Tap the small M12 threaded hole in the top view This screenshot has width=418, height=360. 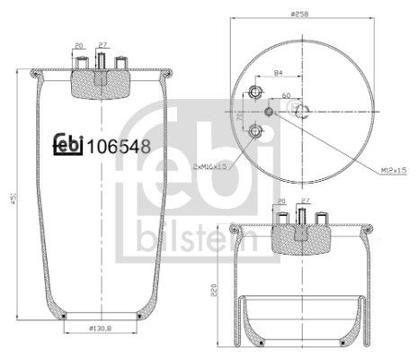[x=271, y=112]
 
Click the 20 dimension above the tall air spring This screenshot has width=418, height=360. [x=79, y=45]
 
